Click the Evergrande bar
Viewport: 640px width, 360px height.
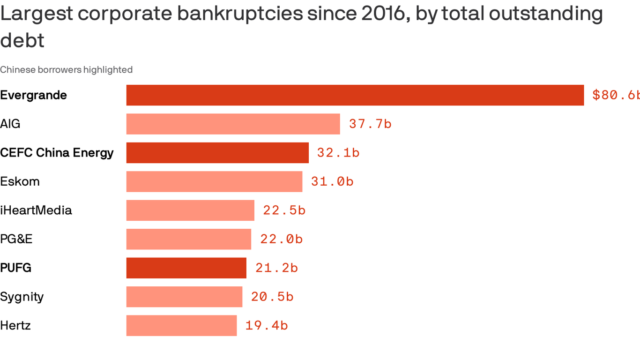[355, 95]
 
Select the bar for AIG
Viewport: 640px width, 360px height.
[233, 124]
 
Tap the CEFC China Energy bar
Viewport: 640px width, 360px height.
[217, 153]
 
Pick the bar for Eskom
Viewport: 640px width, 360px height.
[214, 181]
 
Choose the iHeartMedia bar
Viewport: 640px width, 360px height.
[190, 210]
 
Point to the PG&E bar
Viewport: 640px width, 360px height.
[188, 239]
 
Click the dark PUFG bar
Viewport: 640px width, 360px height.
[186, 268]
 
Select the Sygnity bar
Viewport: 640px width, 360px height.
[184, 297]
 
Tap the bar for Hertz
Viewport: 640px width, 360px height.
[181, 326]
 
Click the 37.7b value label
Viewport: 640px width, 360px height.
[370, 124]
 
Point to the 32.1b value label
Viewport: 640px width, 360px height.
[338, 153]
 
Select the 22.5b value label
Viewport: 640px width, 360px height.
[284, 210]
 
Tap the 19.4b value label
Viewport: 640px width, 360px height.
[267, 326]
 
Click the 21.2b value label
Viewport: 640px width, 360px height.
[276, 268]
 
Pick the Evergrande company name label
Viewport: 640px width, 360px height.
[34, 95]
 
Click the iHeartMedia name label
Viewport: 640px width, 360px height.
[36, 210]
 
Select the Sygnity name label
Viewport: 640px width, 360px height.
[22, 297]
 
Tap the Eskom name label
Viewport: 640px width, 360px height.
[20, 181]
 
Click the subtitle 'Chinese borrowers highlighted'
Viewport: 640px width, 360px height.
[66, 70]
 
